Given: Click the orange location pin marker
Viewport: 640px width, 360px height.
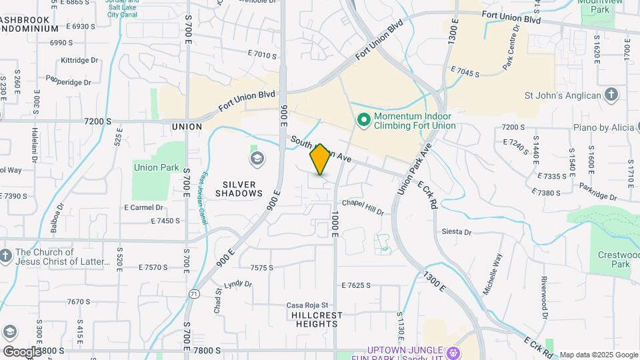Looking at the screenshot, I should pyautogui.click(x=320, y=159).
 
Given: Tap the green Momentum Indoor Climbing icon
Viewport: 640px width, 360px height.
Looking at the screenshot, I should pyautogui.click(x=364, y=121).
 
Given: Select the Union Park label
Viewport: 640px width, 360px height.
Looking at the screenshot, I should pyautogui.click(x=156, y=167).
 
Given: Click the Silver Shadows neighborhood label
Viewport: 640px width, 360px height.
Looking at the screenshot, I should pyautogui.click(x=239, y=189).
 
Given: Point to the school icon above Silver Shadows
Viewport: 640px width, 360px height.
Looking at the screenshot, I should pyautogui.click(x=257, y=159).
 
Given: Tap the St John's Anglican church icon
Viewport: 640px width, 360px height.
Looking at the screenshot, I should pyautogui.click(x=611, y=95).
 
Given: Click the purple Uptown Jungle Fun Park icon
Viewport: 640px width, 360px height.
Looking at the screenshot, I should pyautogui.click(x=453, y=351).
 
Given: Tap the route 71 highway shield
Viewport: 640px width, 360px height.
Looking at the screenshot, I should pyautogui.click(x=194, y=293).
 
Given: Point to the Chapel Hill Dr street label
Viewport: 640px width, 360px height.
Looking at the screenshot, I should pyautogui.click(x=363, y=207).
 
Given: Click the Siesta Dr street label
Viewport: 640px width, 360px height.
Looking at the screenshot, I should pyautogui.click(x=457, y=232).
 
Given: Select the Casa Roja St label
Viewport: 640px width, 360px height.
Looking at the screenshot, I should pyautogui.click(x=307, y=305).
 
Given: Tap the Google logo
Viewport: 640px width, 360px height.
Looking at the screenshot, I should pyautogui.click(x=21, y=351).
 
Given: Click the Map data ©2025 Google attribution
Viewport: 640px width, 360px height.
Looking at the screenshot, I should pyautogui.click(x=598, y=355).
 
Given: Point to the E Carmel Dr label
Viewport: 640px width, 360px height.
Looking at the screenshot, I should pyautogui.click(x=145, y=207).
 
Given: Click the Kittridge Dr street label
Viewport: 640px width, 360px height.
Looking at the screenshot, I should pyautogui.click(x=79, y=60).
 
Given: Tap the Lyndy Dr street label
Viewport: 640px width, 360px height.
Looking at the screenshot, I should pyautogui.click(x=238, y=284).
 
